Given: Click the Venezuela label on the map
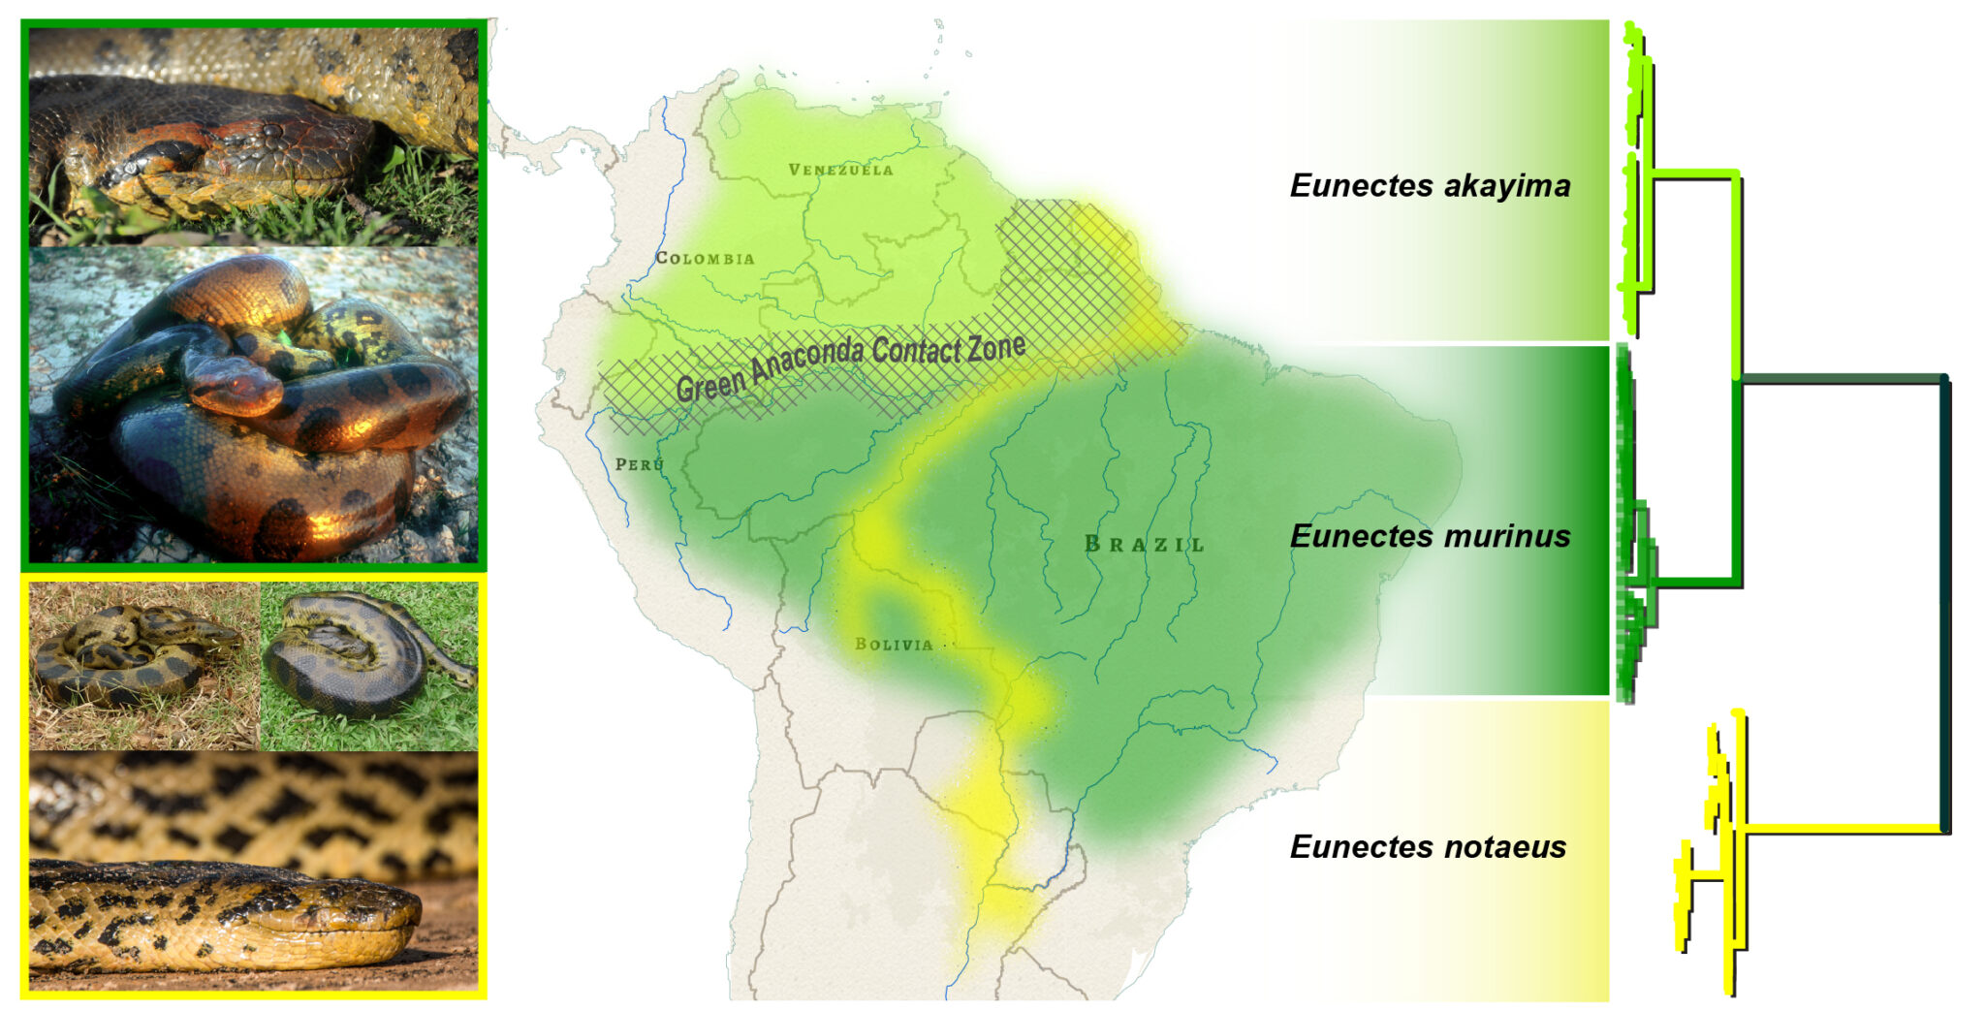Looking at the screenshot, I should point(840,170).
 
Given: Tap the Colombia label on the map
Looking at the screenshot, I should point(705,258).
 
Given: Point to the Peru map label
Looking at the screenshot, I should point(640,464).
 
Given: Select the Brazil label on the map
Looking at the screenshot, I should point(1145,544).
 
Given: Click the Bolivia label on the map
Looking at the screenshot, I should point(894,644).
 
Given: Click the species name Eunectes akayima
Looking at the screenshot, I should point(1430,185).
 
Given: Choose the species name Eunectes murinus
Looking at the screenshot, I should point(1430,536).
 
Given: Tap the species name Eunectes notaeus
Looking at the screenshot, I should point(1428,846).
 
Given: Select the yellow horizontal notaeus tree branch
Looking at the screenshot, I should point(1842,828).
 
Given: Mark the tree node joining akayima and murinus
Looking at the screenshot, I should point(1738,378).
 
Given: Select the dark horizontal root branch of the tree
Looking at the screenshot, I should point(1842,378).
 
